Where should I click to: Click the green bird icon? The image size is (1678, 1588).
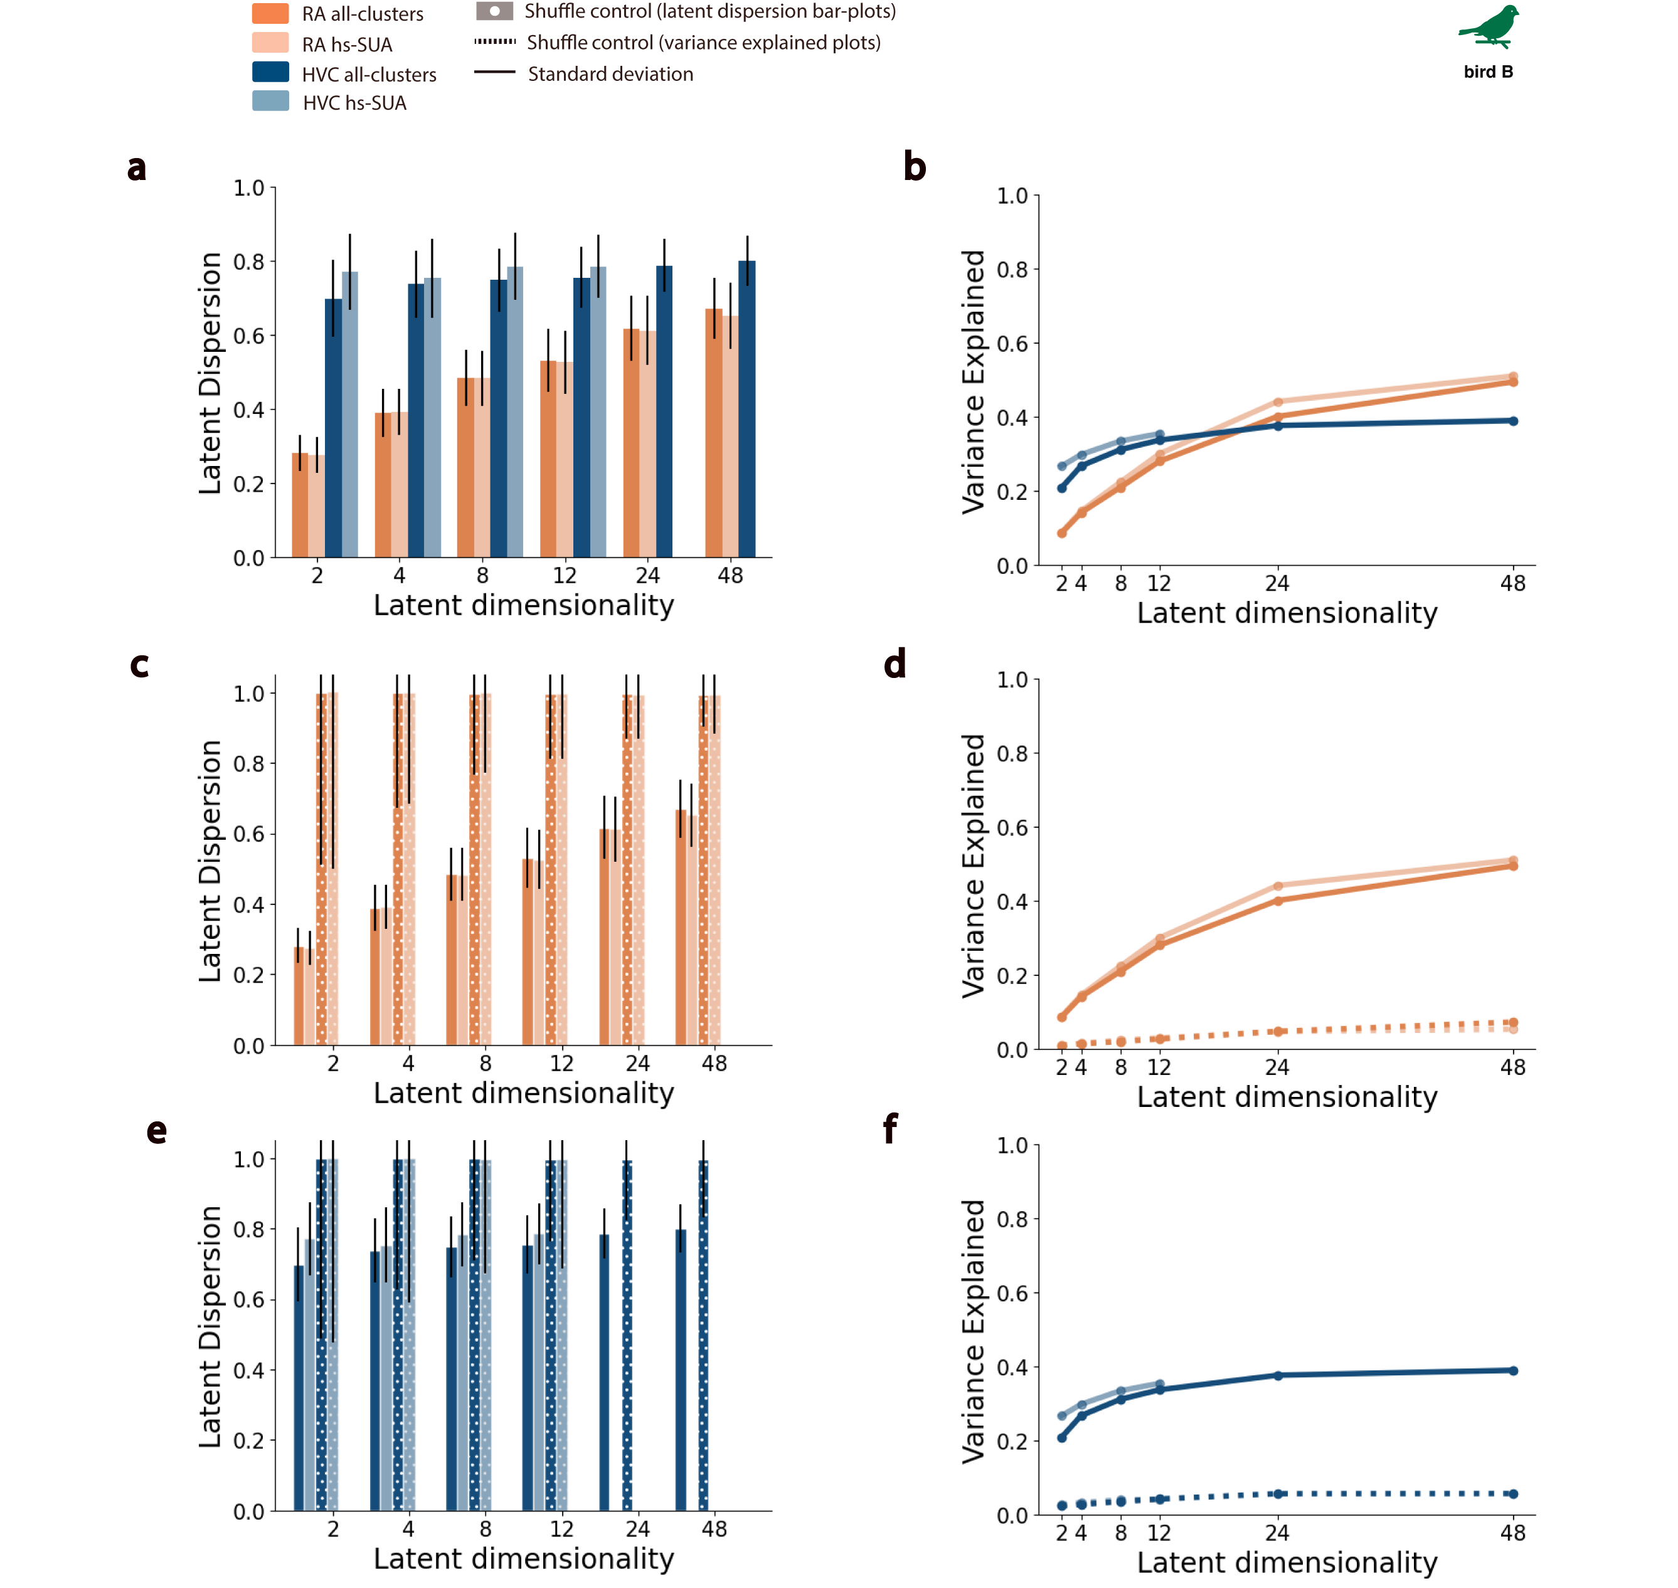tap(1490, 27)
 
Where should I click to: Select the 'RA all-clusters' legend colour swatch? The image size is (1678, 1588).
tap(270, 14)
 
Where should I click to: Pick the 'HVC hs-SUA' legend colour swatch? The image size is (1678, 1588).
tap(270, 102)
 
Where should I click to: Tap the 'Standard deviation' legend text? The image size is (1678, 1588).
tap(610, 75)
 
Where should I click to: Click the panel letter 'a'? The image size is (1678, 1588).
tap(136, 167)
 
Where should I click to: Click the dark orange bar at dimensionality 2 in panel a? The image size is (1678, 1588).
tap(300, 506)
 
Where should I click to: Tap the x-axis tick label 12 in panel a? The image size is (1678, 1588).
tap(564, 576)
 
